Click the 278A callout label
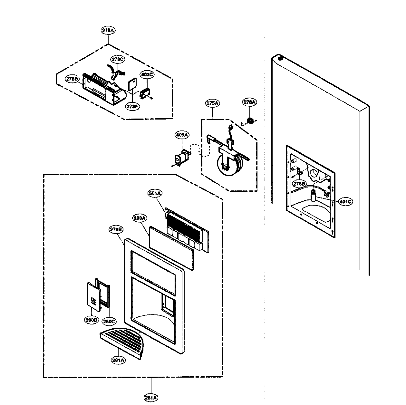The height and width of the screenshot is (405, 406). click(x=108, y=31)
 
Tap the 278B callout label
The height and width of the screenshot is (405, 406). click(x=73, y=78)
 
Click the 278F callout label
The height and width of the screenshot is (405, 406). click(x=132, y=106)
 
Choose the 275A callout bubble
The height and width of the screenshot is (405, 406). click(x=212, y=103)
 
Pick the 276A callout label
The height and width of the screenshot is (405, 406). click(x=249, y=102)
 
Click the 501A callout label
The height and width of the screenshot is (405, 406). click(x=155, y=193)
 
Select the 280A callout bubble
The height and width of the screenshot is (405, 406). click(x=140, y=218)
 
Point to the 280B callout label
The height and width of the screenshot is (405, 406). click(x=91, y=321)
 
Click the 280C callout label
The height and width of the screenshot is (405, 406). click(x=109, y=321)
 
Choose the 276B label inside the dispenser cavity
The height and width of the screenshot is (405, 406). click(x=299, y=183)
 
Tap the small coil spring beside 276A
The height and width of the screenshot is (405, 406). click(x=249, y=121)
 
